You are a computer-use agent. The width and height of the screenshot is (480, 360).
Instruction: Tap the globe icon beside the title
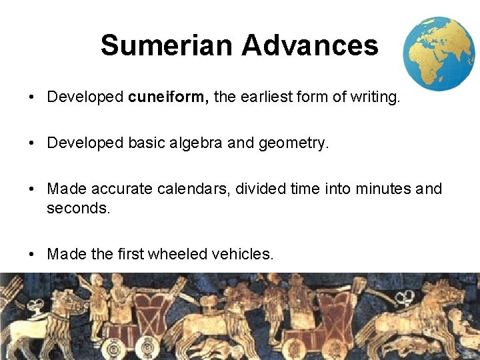tap(439, 53)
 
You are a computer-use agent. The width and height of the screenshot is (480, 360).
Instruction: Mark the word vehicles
tap(242, 254)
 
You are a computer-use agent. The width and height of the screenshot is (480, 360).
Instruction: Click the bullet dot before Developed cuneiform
tap(32, 98)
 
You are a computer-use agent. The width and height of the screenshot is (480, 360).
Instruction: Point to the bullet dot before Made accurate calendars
tap(32, 190)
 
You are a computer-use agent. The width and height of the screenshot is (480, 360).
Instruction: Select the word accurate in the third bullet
tap(122, 189)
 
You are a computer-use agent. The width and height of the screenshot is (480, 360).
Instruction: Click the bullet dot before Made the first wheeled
tap(32, 255)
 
